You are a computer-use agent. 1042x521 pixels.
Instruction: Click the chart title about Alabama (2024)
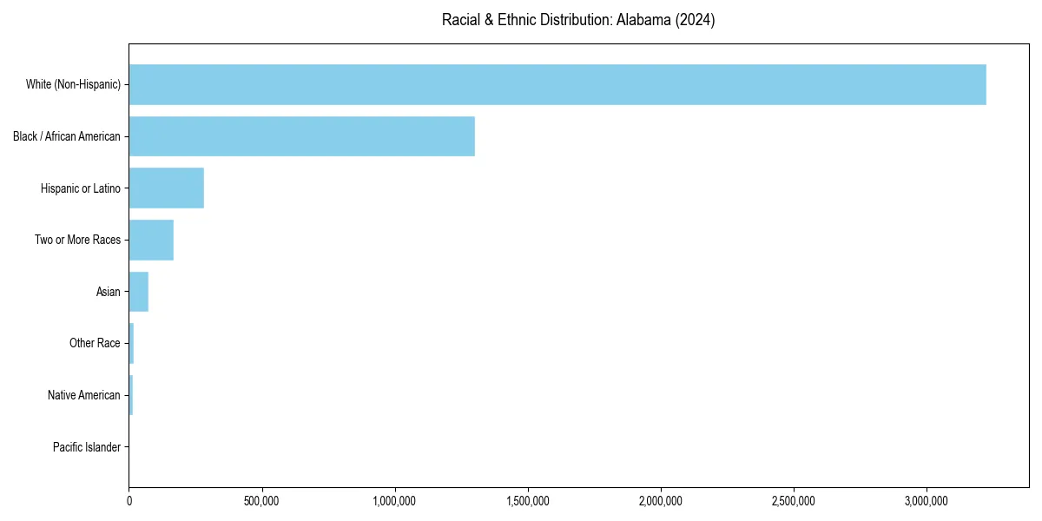pos(578,20)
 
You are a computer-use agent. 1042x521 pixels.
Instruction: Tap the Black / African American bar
pos(301,136)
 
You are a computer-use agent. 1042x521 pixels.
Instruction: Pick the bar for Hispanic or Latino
pos(167,188)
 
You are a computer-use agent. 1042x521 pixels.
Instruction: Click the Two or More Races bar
pos(151,240)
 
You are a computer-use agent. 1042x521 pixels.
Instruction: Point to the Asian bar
pos(139,292)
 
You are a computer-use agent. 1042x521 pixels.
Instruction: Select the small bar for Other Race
pos(131,343)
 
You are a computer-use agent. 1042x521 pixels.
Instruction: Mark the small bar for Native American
pos(131,395)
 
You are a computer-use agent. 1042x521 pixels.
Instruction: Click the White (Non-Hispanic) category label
pos(73,84)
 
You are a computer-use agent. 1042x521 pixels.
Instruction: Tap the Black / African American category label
pos(67,136)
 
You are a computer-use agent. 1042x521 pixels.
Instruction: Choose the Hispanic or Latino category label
pos(81,188)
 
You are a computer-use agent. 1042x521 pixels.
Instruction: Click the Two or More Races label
pos(78,240)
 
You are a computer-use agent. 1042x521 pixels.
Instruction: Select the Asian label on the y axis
pos(109,292)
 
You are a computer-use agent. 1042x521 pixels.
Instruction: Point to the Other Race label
pos(95,343)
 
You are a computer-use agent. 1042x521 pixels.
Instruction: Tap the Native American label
pos(84,395)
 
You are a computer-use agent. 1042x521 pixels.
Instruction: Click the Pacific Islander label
pos(87,447)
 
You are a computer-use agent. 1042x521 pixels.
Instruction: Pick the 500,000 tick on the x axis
pos(262,501)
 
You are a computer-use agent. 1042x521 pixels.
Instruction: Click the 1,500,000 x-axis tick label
pos(528,501)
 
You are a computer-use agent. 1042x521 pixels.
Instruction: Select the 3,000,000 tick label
pos(927,501)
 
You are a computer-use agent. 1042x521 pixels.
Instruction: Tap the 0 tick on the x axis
pos(129,501)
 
